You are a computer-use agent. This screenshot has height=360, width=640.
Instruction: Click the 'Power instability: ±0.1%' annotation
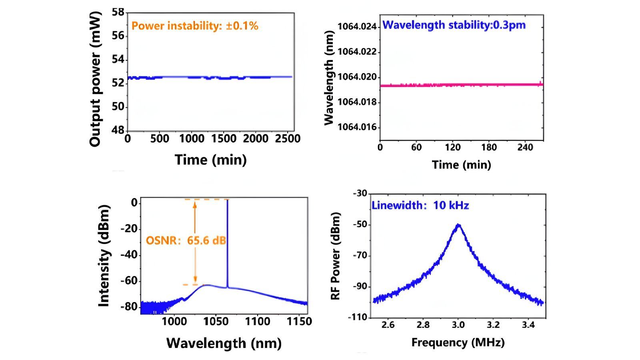pyautogui.click(x=195, y=26)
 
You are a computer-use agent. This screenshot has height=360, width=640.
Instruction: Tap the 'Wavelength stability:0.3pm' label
pyautogui.click(x=454, y=25)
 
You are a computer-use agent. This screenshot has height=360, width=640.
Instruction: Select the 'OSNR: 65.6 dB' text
pyautogui.click(x=186, y=241)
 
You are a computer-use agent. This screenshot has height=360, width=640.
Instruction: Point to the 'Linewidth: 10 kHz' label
pyautogui.click(x=420, y=206)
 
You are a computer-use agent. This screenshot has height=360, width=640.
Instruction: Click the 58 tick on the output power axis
pyautogui.click(x=118, y=12)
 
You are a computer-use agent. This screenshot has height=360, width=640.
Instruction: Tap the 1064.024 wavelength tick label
pyautogui.click(x=357, y=27)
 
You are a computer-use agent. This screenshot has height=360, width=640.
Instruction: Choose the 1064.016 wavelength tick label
pyautogui.click(x=357, y=128)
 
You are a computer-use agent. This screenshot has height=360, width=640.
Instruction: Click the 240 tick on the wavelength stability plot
pyautogui.click(x=525, y=148)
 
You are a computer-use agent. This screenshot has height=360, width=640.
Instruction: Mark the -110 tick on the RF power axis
pyautogui.click(x=360, y=318)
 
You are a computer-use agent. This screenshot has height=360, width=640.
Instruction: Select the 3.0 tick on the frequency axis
pyautogui.click(x=458, y=325)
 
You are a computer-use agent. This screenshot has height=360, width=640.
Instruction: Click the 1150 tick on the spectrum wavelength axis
pyautogui.click(x=299, y=321)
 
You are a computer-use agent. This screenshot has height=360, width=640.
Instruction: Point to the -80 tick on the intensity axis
pyautogui.click(x=129, y=307)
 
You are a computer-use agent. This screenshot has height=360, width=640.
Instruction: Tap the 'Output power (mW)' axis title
pyautogui.click(x=95, y=79)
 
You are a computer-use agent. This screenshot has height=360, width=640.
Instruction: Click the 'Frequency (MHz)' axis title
pyautogui.click(x=458, y=342)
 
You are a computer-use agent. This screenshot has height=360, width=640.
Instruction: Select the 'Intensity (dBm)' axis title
pyautogui.click(x=104, y=256)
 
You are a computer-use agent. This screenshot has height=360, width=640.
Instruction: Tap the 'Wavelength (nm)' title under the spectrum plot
pyautogui.click(x=224, y=343)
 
